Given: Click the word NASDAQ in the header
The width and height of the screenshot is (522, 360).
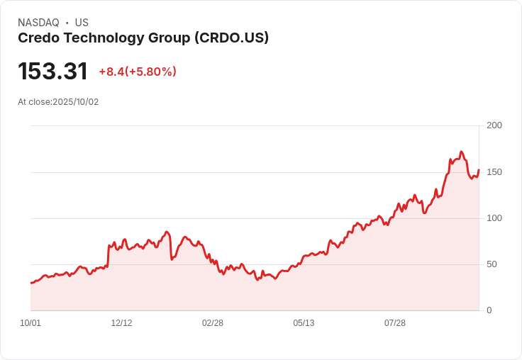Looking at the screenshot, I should [38, 23].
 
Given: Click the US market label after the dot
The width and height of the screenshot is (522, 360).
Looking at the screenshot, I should [82, 23].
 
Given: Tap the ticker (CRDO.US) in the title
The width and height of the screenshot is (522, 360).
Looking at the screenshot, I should [231, 38].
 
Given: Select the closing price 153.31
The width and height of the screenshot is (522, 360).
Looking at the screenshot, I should [52, 71].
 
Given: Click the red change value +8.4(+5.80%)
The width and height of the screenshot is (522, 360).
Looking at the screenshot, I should [138, 72].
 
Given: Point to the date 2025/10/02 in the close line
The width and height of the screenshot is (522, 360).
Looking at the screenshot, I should [76, 102].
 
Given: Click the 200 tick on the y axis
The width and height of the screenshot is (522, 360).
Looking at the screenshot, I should [494, 125].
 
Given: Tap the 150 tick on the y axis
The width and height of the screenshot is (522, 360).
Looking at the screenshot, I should [494, 172].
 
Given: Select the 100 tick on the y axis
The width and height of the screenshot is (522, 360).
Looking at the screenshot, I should [494, 218].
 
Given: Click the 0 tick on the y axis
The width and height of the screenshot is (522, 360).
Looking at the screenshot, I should [489, 310].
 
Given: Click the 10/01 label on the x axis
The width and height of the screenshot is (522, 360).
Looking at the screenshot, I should [30, 323].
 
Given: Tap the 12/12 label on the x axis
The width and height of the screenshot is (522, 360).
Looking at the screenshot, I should [121, 323].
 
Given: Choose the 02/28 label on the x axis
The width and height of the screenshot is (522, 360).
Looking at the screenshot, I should [213, 323].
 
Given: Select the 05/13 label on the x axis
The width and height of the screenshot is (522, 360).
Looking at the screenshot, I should [304, 323].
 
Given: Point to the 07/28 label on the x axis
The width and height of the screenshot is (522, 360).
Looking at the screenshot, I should [395, 323].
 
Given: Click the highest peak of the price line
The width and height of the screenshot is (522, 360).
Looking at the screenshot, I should [461, 152].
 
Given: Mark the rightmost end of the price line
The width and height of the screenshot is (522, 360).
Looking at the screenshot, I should [479, 170].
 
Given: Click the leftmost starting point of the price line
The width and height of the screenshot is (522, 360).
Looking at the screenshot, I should [30, 283].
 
